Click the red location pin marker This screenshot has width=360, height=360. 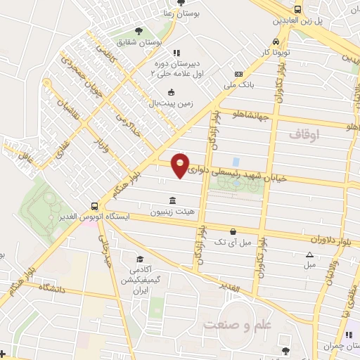tap(181, 166)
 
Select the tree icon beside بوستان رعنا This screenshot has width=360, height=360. tap(181, 3)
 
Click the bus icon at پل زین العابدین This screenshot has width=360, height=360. tap(297, 9)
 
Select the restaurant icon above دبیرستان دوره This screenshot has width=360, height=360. tap(176, 53)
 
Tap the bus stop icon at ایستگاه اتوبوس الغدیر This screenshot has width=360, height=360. tap(94, 206)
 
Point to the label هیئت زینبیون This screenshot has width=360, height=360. tap(172, 211)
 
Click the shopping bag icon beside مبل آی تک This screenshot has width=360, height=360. tap(233, 231)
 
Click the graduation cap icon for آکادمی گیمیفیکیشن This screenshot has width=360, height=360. tap(139, 259)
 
